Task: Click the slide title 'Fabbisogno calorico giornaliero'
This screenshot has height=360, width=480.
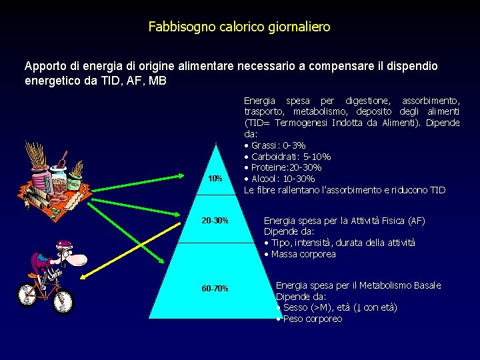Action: (239, 27)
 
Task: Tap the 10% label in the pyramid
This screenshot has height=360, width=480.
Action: (215, 179)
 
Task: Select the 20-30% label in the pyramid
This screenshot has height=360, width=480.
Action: (215, 221)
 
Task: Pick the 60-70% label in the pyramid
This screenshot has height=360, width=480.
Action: (215, 289)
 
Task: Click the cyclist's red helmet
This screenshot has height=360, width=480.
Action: (63, 246)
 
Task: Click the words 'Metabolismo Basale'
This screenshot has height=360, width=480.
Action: (400, 285)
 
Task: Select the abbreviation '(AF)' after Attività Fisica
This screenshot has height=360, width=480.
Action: (415, 221)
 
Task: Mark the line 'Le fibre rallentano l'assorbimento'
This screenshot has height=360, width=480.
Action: (344, 190)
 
